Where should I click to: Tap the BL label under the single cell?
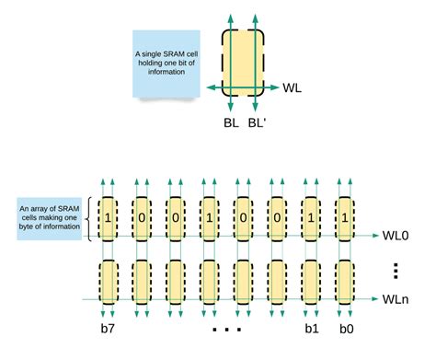tap(230, 121)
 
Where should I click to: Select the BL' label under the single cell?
tap(258, 121)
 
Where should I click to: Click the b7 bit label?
tap(108, 327)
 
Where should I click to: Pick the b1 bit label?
tap(310, 327)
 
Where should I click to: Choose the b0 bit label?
tap(344, 327)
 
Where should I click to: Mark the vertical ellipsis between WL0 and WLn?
tap(395, 270)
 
